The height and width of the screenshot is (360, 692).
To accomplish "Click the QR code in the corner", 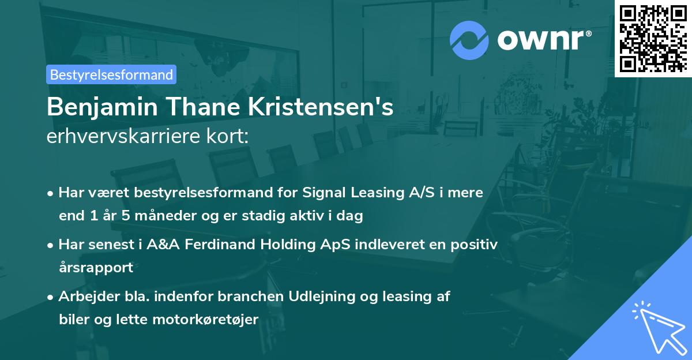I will pos(653,38).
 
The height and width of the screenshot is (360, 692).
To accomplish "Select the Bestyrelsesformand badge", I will pos(111,74).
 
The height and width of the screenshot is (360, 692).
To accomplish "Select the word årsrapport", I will pos(96,268).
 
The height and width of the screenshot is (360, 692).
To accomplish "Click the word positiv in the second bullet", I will pos(475,245).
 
